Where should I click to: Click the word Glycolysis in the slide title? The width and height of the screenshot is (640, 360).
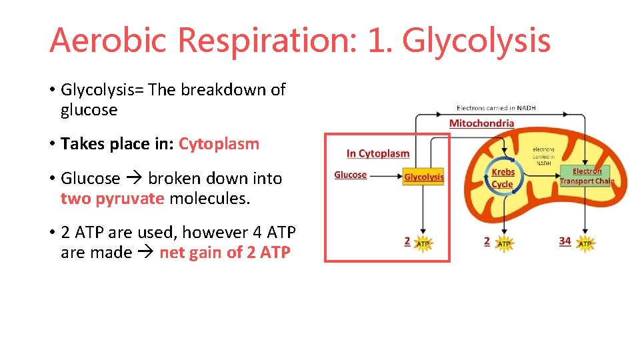click(476, 40)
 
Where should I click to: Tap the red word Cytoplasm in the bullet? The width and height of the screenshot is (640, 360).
click(219, 144)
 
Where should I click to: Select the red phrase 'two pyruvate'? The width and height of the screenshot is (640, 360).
click(112, 199)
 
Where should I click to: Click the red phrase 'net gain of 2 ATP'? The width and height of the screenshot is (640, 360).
click(225, 253)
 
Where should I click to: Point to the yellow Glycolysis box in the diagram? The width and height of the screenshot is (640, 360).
click(424, 177)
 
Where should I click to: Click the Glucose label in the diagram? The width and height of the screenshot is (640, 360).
click(351, 175)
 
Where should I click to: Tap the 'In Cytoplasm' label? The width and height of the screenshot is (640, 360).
click(378, 153)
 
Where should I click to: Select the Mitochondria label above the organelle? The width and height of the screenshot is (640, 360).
click(481, 123)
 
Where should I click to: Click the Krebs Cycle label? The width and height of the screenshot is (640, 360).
click(503, 178)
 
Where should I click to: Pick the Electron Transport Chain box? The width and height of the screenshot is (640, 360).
click(586, 177)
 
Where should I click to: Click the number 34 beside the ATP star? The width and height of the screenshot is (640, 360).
click(565, 241)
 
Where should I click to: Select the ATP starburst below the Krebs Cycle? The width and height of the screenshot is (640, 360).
click(504, 244)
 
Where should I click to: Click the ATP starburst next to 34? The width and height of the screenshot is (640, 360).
click(585, 244)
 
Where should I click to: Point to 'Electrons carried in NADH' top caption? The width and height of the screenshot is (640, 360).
click(496, 108)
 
